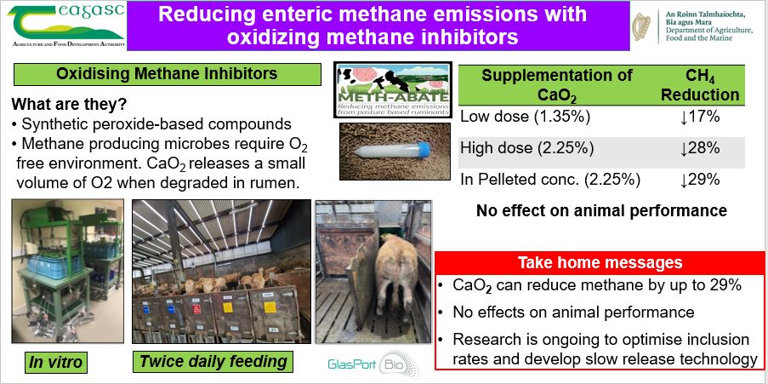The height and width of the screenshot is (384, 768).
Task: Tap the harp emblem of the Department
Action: [x=642, y=26]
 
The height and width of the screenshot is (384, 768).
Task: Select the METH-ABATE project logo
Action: [x=394, y=89]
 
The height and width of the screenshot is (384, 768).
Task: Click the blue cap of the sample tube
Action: [x=423, y=149]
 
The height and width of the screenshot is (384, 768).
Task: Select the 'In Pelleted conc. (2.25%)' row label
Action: [x=550, y=180]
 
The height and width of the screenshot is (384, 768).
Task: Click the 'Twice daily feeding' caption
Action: [x=213, y=362]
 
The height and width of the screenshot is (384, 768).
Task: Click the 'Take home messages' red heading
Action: [x=600, y=262]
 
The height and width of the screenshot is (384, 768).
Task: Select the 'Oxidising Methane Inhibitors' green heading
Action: [x=167, y=74]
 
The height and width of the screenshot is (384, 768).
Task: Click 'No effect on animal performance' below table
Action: [x=601, y=210]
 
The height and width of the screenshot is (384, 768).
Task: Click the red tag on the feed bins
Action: [x=196, y=309]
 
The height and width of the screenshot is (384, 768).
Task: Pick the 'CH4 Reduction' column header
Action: [x=700, y=85]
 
